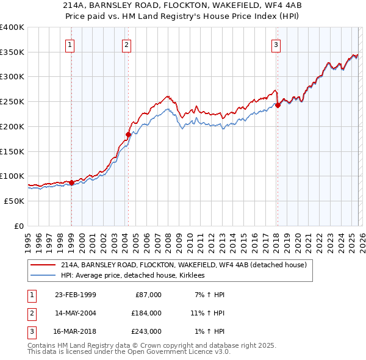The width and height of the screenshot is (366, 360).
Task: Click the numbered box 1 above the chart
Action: [71, 44]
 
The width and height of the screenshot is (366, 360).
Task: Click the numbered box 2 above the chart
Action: [126, 44]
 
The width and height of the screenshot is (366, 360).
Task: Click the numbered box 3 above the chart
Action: [276, 44]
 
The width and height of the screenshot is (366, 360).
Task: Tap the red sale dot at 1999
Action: [71, 182]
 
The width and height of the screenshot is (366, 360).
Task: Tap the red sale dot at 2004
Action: [128, 134]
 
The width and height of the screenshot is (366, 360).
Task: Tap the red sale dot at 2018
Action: [278, 105]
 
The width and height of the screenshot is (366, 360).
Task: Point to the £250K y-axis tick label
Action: [12, 101]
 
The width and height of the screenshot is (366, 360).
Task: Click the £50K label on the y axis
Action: [13, 201]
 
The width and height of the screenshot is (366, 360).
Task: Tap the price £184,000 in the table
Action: [145, 313]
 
